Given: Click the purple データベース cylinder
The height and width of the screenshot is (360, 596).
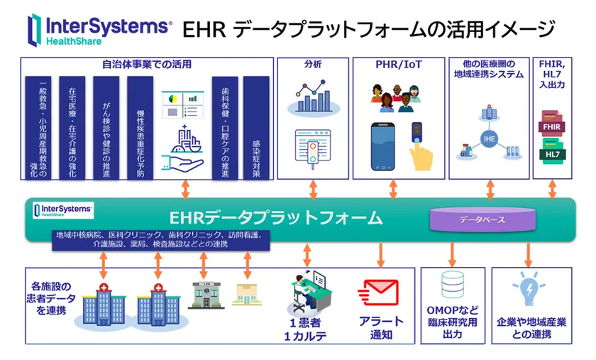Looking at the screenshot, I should pos(482,219).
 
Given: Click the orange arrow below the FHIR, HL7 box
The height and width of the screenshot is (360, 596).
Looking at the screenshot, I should pos(553,190).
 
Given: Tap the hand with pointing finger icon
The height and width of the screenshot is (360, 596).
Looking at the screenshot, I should pos(425,151).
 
